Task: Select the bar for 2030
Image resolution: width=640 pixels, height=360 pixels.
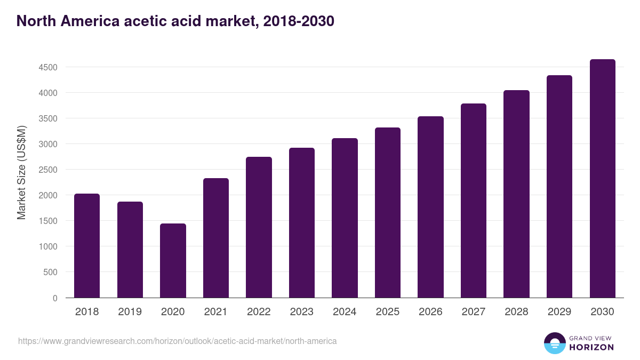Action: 602,179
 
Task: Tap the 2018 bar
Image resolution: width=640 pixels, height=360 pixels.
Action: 87,245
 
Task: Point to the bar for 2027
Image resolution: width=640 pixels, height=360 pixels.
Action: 474,201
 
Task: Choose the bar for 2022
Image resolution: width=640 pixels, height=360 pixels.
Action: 259,227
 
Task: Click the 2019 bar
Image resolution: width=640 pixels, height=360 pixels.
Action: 130,250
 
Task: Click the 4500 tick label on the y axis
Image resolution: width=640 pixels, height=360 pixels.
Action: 47,67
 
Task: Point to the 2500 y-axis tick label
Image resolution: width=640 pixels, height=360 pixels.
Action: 47,170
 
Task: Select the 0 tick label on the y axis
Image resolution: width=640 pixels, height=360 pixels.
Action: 55,298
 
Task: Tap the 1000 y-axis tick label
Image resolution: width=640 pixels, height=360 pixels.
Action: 47,246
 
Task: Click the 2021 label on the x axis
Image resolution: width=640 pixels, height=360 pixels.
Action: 216,312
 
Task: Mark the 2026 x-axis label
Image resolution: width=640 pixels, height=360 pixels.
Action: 430,312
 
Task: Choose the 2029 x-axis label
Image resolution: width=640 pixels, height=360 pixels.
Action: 559,312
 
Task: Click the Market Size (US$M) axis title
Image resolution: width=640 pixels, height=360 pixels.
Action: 21,172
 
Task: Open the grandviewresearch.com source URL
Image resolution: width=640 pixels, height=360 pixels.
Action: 178,341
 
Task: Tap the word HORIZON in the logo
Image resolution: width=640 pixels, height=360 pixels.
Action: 591,347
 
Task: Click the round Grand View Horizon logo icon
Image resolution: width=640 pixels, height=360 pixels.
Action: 554,343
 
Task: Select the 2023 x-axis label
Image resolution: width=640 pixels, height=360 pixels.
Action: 302,312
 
